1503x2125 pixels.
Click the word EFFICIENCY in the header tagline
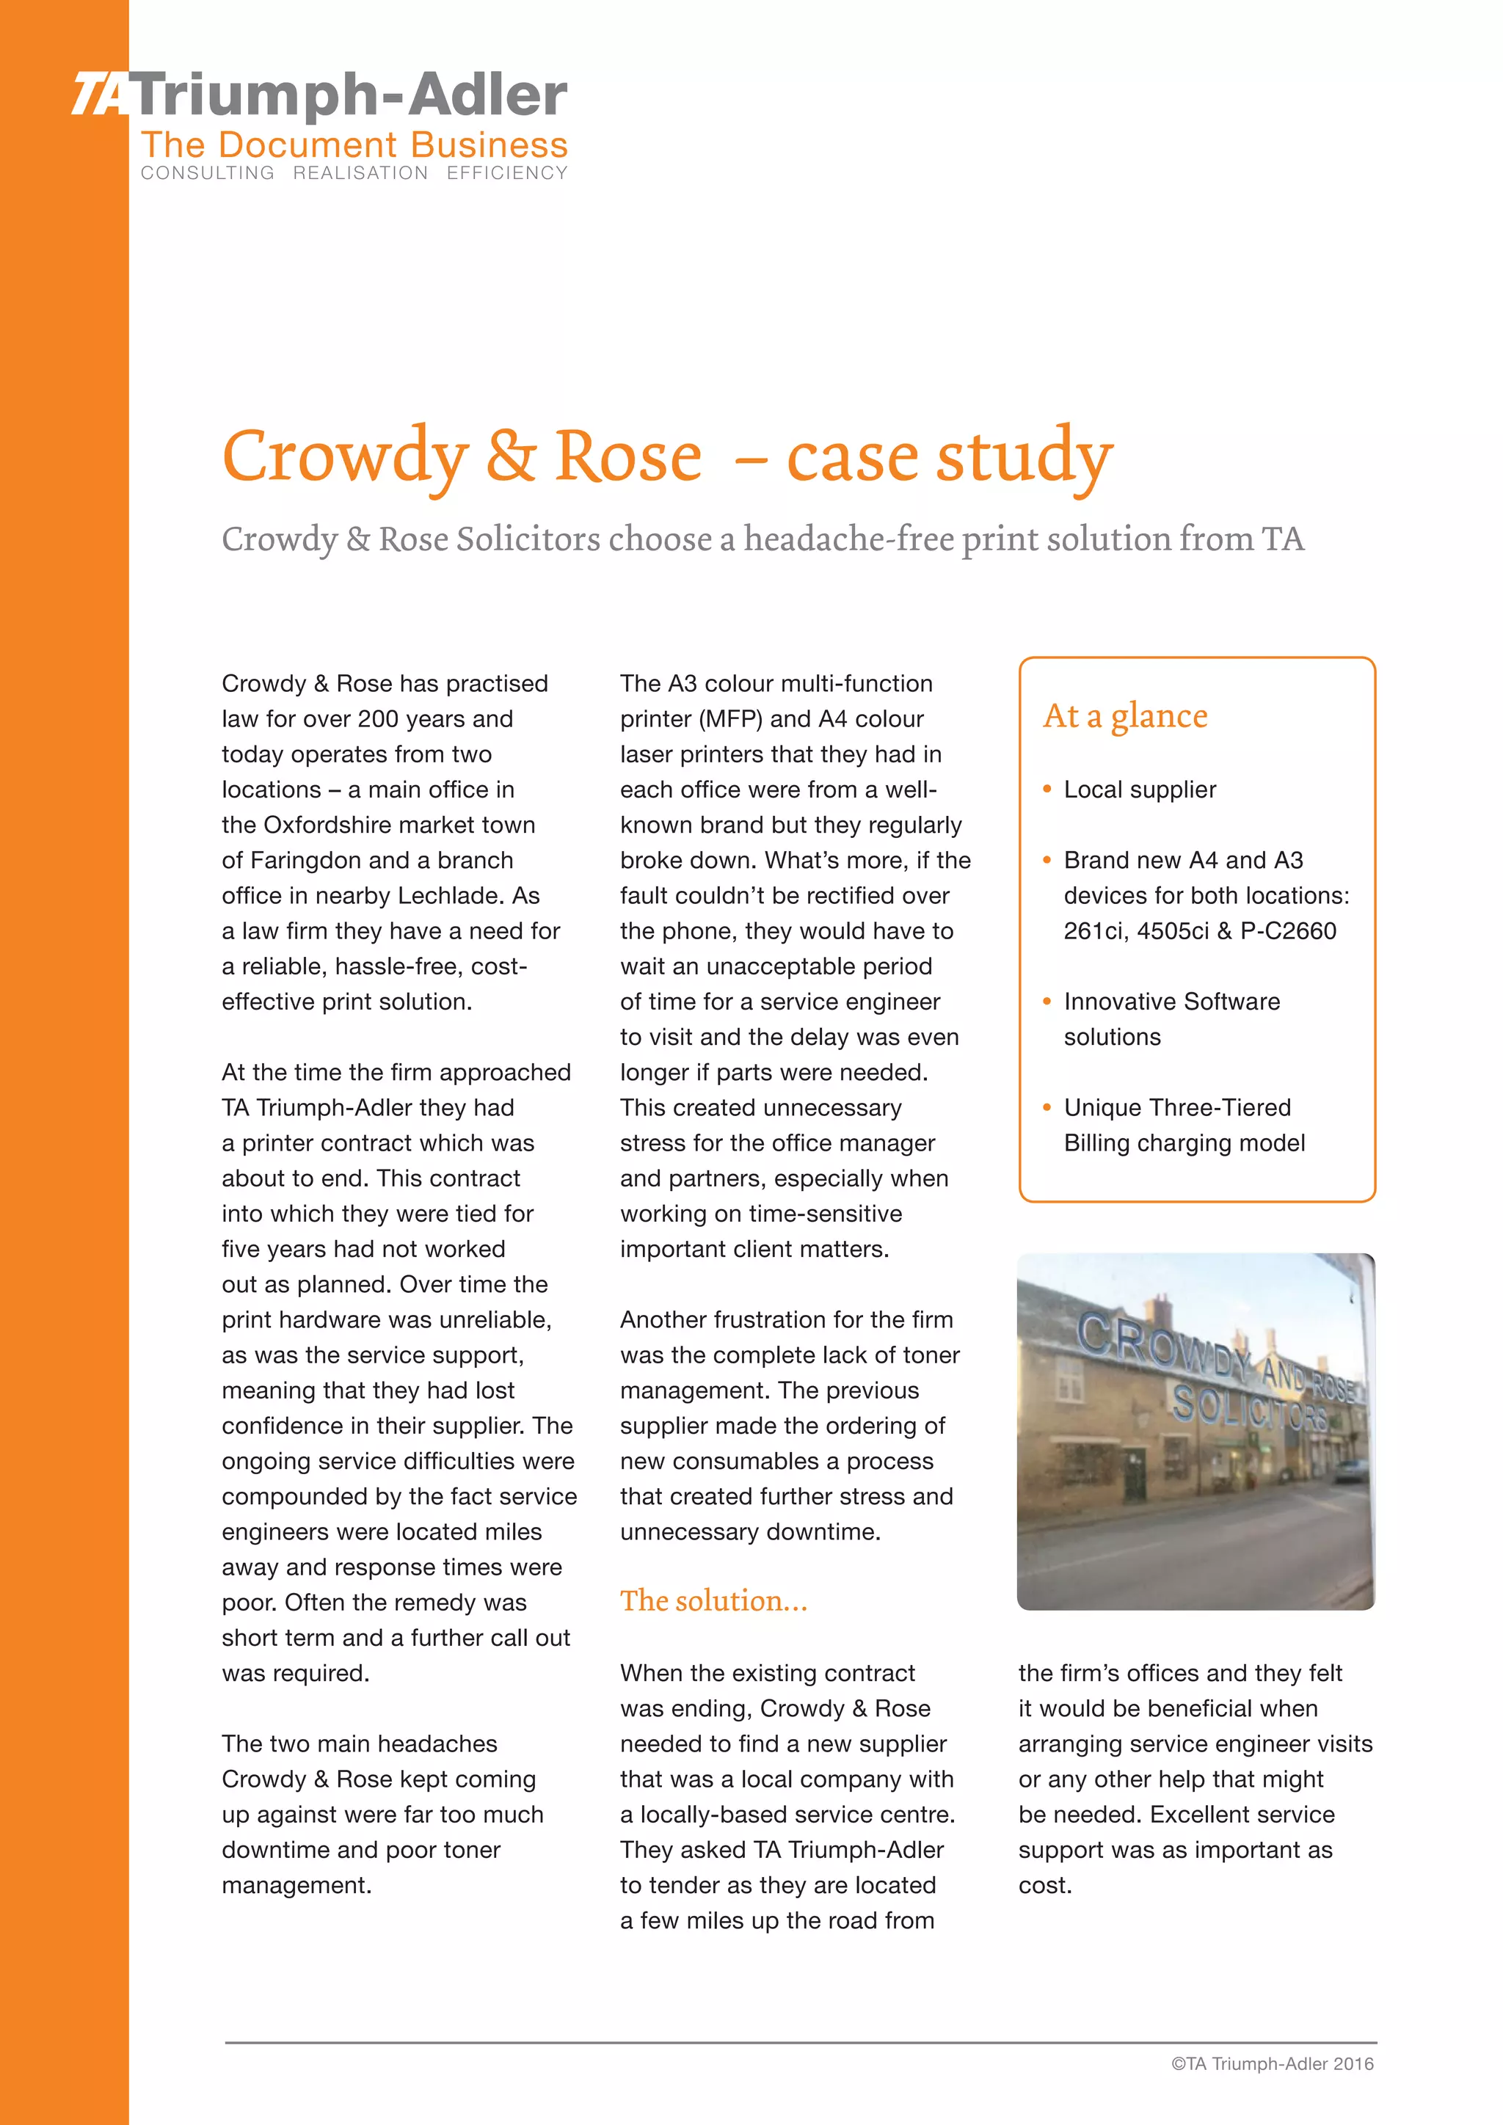click(506, 173)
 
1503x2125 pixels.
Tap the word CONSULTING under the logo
click(207, 173)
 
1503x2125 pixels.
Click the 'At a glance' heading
click(1124, 715)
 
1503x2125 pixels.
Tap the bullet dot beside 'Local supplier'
click(1047, 790)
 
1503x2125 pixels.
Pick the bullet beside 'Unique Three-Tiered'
click(1047, 1108)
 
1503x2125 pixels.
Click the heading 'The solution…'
click(713, 1600)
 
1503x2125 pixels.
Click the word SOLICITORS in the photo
click(1249, 1410)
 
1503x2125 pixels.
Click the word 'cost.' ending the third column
click(1045, 1885)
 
